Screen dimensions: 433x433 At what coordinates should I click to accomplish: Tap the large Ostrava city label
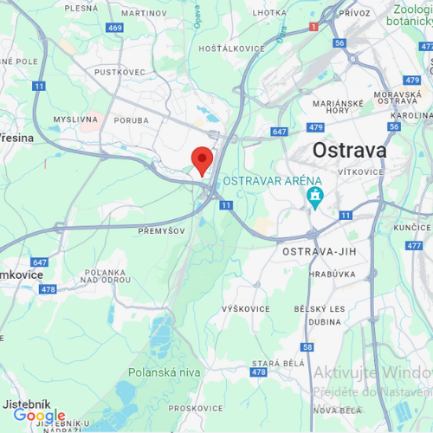point(349,150)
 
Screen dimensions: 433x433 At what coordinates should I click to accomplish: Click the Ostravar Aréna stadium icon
point(313,197)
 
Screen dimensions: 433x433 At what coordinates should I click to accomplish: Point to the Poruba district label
point(132,121)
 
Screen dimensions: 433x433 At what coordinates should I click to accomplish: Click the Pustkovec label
point(119,72)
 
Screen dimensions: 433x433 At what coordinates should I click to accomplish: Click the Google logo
point(39,416)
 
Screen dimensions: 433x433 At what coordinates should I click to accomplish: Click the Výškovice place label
point(246,309)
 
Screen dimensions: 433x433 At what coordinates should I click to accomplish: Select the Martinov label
point(144,14)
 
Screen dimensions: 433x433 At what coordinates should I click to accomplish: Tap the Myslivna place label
point(75,120)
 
